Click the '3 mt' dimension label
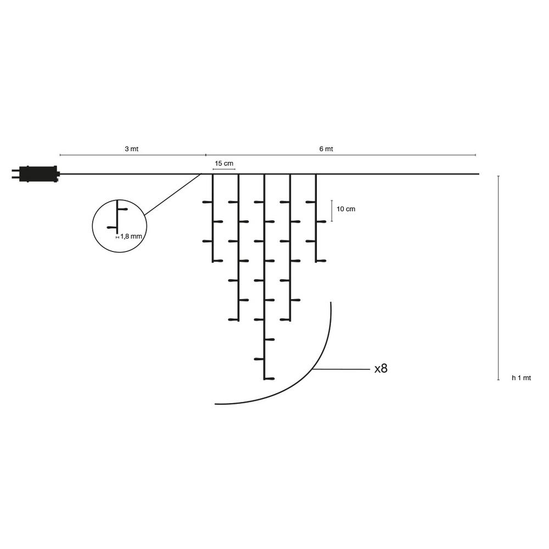tap(132, 149)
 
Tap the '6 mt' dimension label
tap(326, 149)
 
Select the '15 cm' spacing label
tap(224, 164)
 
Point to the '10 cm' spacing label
tap(346, 209)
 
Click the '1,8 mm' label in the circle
tap(131, 236)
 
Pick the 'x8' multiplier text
tap(381, 368)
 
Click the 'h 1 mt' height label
tap(522, 378)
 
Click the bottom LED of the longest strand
tap(270, 378)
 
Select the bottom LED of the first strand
tap(218, 261)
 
